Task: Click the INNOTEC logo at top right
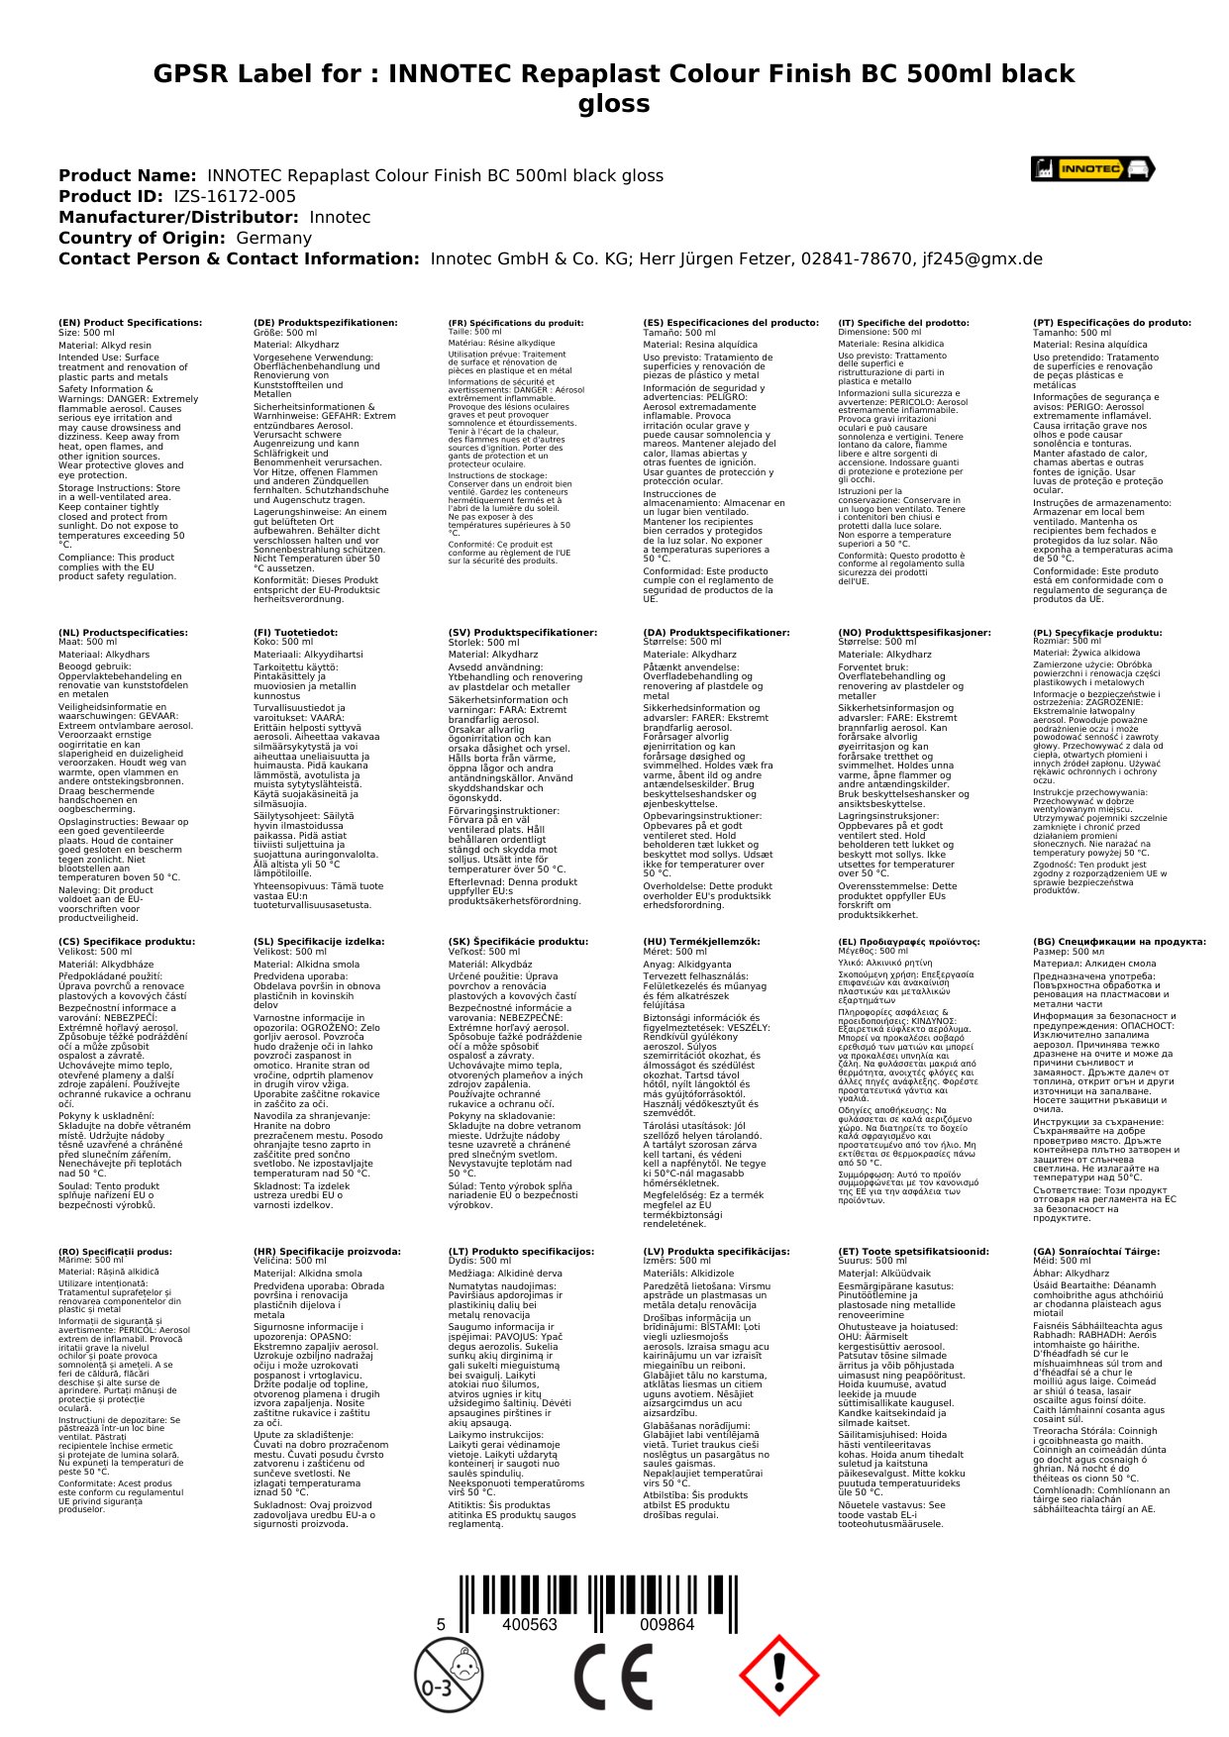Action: [x=1092, y=168]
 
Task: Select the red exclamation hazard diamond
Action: [x=779, y=1675]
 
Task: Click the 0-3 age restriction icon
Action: [x=448, y=1675]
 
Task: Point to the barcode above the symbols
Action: [x=597, y=1586]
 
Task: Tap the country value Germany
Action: [x=273, y=238]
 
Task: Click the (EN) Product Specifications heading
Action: [x=130, y=323]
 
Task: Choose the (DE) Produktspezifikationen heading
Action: [x=326, y=323]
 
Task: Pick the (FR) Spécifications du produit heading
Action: [x=516, y=323]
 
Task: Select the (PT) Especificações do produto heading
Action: [x=1112, y=323]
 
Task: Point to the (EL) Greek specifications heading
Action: [x=909, y=942]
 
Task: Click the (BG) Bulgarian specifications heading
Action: [x=1120, y=942]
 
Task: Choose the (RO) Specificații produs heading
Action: [x=115, y=1252]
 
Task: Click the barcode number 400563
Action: [x=530, y=1625]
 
